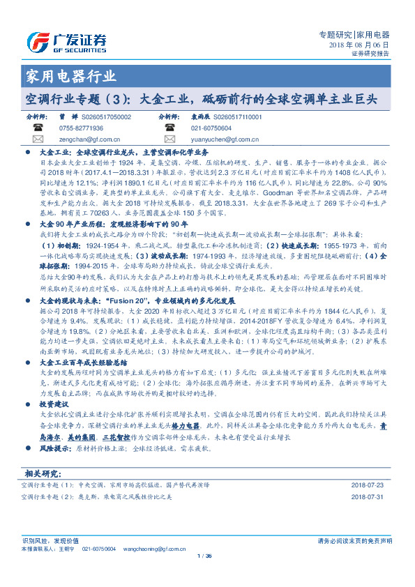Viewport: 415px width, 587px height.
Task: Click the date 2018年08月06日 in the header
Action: coord(359,44)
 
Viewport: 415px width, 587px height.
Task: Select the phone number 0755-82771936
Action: coord(80,128)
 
